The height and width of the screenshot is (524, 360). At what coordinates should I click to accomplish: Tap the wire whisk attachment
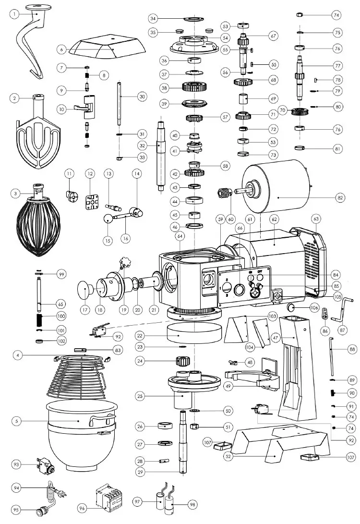pyautogui.click(x=37, y=221)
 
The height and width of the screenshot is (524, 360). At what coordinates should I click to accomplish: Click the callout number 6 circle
pyautogui.click(x=61, y=49)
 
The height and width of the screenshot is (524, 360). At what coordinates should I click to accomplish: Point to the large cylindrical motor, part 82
pyautogui.click(x=278, y=188)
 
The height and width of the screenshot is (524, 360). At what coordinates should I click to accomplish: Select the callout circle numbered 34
pyautogui.click(x=153, y=19)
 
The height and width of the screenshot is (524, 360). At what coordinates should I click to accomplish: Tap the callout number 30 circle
pyautogui.click(x=142, y=97)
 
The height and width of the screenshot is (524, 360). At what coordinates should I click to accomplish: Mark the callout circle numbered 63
pyautogui.click(x=316, y=219)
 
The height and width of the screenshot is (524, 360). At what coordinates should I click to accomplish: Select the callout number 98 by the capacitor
pyautogui.click(x=192, y=505)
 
